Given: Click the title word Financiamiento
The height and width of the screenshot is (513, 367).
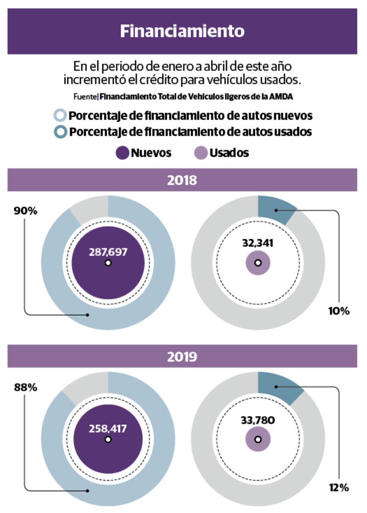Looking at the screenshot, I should point(182,31).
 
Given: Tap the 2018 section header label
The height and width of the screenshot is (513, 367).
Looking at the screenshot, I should point(182,180).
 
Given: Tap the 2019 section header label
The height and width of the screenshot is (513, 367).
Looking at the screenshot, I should point(182,356).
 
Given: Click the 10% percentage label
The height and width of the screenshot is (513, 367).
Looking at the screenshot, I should point(338,311).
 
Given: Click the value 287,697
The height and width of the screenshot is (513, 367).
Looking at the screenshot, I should point(108,252).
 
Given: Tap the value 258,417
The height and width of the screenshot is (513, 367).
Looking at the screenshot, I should point(108,428).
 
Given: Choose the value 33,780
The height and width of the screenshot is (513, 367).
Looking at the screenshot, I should point(257,419).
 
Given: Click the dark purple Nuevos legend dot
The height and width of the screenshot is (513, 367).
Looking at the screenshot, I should point(122,153).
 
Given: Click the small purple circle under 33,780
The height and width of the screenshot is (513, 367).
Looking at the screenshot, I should point(257,439).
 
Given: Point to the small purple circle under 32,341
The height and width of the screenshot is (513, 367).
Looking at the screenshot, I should point(257,263).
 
